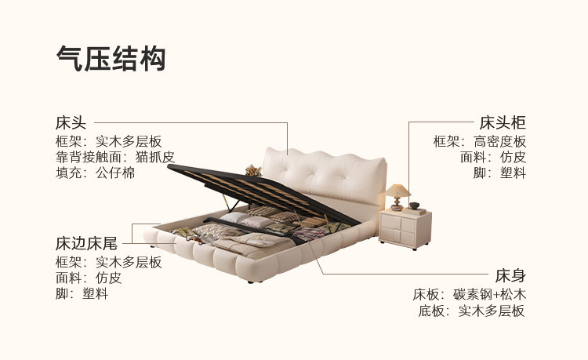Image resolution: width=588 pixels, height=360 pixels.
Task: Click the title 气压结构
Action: pyautogui.click(x=111, y=58)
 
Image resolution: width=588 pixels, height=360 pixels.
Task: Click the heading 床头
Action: pyautogui.click(x=71, y=123)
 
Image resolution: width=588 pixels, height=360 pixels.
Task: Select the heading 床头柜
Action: pyautogui.click(x=502, y=123)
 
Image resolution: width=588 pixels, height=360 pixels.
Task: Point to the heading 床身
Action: pyautogui.click(x=510, y=275)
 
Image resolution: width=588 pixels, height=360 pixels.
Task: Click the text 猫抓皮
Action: pyautogui.click(x=155, y=157)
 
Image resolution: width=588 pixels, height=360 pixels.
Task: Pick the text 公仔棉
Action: pyautogui.click(x=116, y=173)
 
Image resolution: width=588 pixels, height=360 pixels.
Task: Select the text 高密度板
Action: pyautogui.click(x=499, y=141)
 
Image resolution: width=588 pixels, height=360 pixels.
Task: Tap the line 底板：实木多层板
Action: pyautogui.click(x=470, y=311)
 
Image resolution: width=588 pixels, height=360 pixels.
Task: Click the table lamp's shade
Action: pyautogui.click(x=398, y=191)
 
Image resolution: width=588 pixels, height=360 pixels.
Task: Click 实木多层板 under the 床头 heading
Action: pyautogui.click(x=129, y=141)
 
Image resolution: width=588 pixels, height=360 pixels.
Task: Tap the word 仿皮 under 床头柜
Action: pyautogui.click(x=513, y=157)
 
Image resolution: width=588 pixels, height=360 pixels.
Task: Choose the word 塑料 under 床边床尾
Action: pyautogui.click(x=96, y=293)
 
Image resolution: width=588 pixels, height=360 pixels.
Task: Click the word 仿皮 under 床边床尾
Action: pyautogui.click(x=109, y=278)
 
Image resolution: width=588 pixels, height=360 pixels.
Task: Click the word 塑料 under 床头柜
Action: pyautogui.click(x=513, y=173)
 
